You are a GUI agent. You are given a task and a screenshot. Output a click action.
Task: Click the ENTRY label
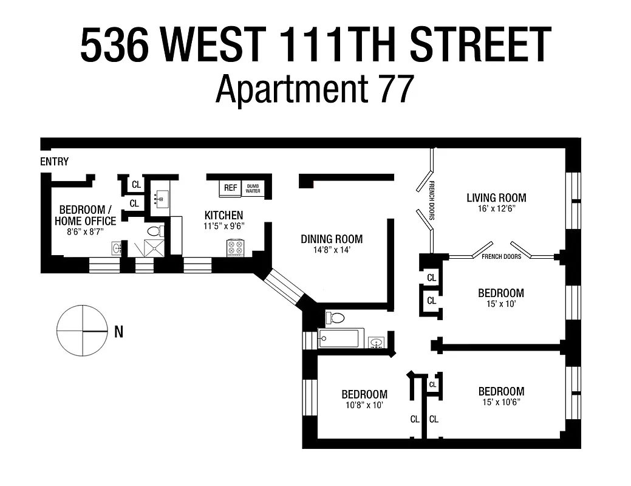point(54,162)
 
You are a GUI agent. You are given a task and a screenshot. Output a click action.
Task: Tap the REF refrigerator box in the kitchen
point(230,188)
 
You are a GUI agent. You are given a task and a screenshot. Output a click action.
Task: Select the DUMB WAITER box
point(253,188)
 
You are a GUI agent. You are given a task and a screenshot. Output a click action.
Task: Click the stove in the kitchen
point(235,248)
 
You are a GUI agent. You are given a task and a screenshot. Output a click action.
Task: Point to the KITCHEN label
point(223,215)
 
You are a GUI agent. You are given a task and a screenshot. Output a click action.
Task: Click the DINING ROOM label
point(332,239)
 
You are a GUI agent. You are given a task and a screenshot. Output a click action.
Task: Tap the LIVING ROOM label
point(496,197)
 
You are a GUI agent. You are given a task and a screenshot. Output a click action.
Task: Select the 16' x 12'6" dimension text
point(496,208)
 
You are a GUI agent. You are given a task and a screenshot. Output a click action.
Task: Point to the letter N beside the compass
point(118,332)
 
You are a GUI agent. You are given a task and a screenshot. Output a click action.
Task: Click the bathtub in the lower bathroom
point(341,338)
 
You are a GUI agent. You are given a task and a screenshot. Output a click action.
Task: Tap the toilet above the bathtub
point(336,317)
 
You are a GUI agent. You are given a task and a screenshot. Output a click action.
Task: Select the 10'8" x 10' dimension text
point(364,405)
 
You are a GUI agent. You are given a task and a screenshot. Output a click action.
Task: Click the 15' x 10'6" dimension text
point(501,402)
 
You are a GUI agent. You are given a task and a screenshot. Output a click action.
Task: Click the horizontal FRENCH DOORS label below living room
point(501,256)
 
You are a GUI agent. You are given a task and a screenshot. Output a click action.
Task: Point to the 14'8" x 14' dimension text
point(332,250)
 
